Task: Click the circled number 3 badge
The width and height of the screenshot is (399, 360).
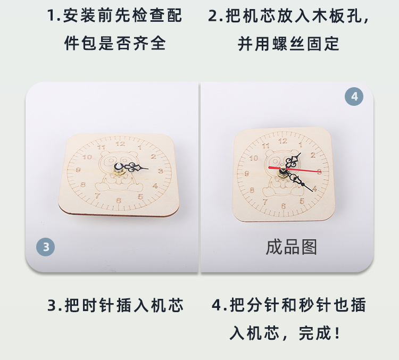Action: coord(46,247)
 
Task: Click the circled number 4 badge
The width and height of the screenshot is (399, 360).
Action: coord(354,96)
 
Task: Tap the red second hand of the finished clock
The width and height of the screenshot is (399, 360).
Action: coord(295,170)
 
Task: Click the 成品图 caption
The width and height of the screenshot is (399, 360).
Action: coord(292,247)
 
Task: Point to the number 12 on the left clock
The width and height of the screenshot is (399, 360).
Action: coord(120,144)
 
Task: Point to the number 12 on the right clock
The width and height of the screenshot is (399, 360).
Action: coord(282,141)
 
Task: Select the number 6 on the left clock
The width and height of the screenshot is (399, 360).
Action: coord(118,200)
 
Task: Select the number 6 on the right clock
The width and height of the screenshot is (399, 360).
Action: coord(284,206)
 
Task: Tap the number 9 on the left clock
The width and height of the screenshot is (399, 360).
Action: coord(78,170)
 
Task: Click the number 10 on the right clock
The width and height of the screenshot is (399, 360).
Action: coord(254,158)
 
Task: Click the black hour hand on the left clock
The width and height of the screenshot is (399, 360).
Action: coord(135,168)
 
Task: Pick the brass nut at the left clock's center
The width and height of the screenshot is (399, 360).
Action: coord(119,172)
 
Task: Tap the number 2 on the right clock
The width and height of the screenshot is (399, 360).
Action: coord(313,155)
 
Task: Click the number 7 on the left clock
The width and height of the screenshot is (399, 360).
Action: coord(98,196)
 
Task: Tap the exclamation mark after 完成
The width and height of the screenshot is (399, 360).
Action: coord(337,333)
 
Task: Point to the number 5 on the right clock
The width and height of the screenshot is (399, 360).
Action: coord(302,201)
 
